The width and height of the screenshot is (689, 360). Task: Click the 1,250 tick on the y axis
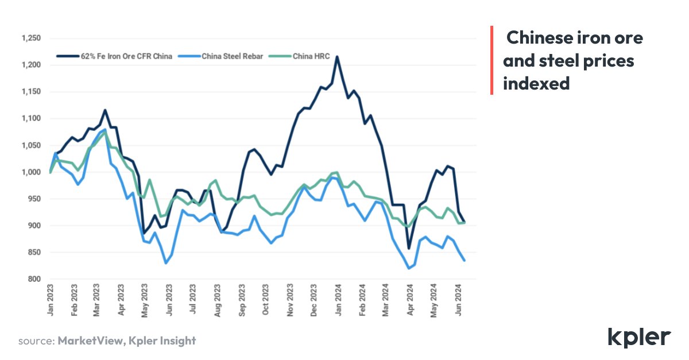pyautogui.click(x=30, y=38)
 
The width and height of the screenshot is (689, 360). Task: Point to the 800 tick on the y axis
pyautogui.click(x=33, y=280)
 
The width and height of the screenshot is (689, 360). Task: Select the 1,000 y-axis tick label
pyautogui.click(x=30, y=172)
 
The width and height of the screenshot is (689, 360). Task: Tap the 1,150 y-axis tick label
pyautogui.click(x=30, y=92)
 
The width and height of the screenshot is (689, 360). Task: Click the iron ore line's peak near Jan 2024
pyautogui.click(x=337, y=57)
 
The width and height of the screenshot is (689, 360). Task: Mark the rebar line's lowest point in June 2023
pyautogui.click(x=165, y=263)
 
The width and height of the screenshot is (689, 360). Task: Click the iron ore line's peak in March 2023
pyautogui.click(x=104, y=110)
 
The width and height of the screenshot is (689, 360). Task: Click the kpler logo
pyautogui.click(x=638, y=336)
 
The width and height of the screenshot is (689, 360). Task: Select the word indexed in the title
pyautogui.click(x=536, y=83)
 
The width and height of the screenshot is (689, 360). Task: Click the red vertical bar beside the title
pyautogui.click(x=491, y=60)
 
